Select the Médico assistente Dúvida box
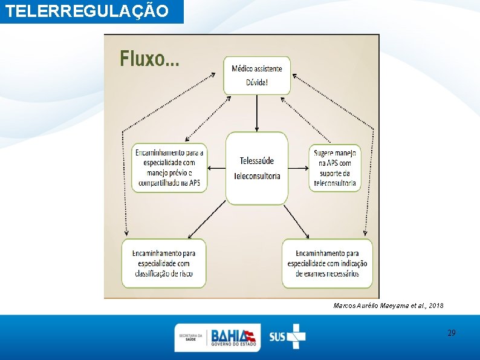pyautogui.click(x=257, y=76)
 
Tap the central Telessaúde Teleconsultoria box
pyautogui.click(x=257, y=168)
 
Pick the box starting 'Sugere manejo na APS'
pyautogui.click(x=335, y=168)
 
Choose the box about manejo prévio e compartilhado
pyautogui.click(x=170, y=168)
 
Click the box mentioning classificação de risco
pyautogui.click(x=164, y=263)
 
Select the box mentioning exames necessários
pyautogui.click(x=327, y=263)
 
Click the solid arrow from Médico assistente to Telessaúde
pyautogui.click(x=257, y=113)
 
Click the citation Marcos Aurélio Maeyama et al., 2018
pyautogui.click(x=388, y=306)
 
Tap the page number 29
pyautogui.click(x=451, y=333)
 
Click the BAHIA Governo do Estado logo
pyautogui.click(x=233, y=337)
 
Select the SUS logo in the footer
pyautogui.click(x=287, y=336)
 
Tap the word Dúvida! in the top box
pyautogui.click(x=257, y=83)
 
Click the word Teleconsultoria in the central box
pyautogui.click(x=257, y=176)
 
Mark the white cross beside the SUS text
pyautogui.click(x=296, y=336)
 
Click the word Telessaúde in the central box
pyautogui.click(x=257, y=161)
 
